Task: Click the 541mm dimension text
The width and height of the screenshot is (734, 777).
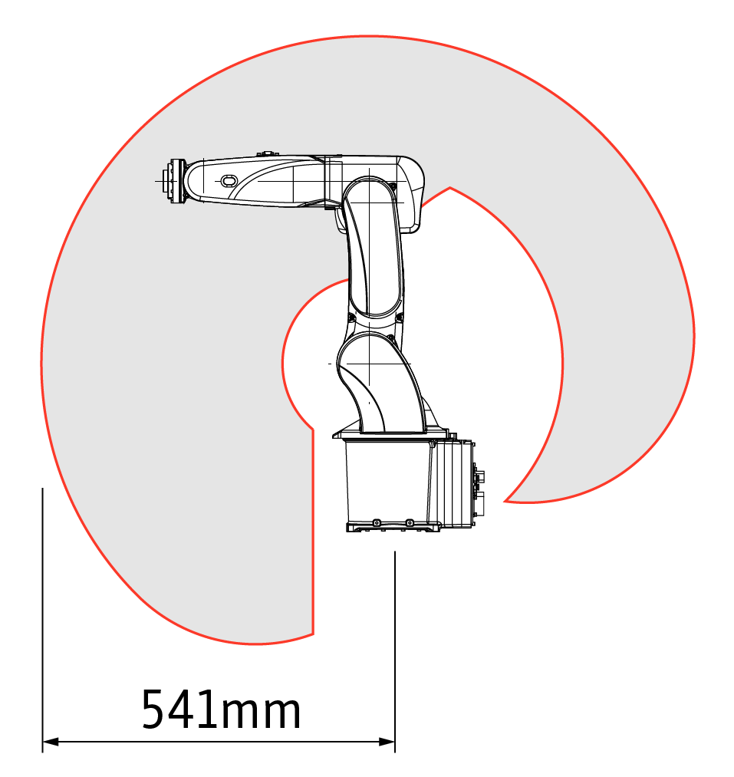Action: tap(221, 709)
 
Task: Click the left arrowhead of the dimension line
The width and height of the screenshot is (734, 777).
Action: tap(51, 742)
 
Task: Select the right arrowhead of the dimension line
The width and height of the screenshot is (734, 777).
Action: tap(387, 742)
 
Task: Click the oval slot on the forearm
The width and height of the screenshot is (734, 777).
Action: tap(229, 181)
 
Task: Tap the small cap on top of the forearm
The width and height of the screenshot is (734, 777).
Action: tap(268, 155)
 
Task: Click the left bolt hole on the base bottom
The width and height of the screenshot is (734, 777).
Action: tap(376, 523)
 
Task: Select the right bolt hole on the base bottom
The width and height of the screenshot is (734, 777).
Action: tap(410, 523)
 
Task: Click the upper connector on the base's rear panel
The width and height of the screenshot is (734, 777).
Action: tap(479, 476)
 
